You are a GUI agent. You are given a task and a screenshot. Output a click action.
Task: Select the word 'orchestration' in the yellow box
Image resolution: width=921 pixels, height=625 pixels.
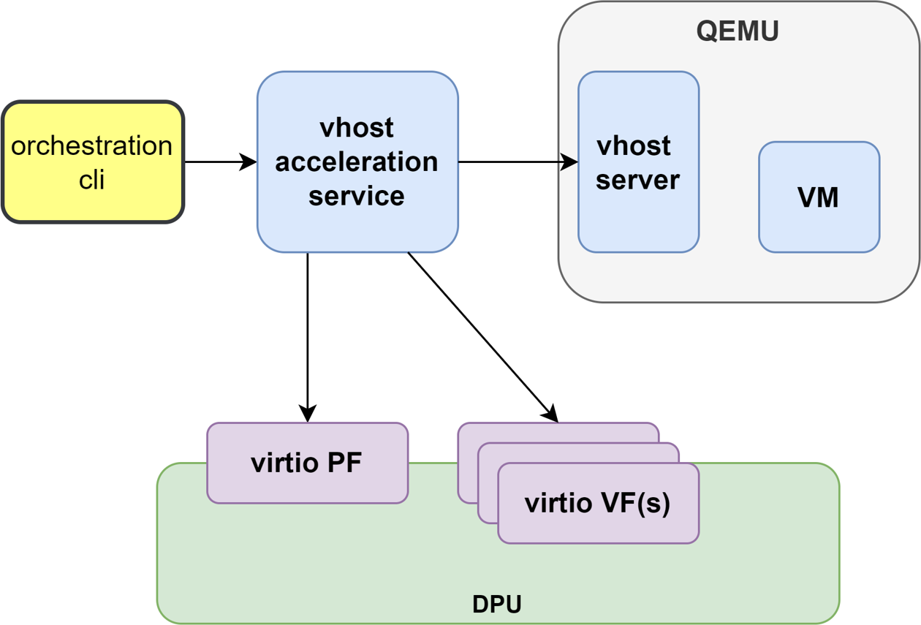[x=92, y=145]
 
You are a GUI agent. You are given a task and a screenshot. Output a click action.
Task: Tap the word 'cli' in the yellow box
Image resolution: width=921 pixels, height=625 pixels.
[x=92, y=178]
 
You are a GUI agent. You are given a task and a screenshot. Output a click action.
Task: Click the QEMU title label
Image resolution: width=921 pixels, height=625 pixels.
[x=738, y=31]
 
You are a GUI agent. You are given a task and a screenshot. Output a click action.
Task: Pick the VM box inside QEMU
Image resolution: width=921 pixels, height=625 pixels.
[x=819, y=197]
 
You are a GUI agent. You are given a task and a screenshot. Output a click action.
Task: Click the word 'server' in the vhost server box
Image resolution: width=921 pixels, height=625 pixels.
[x=637, y=180]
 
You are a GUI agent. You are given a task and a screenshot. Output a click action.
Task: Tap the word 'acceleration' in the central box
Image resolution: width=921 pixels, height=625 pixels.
[x=357, y=162]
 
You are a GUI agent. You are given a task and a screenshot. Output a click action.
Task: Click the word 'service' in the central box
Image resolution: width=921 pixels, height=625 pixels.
[x=357, y=196]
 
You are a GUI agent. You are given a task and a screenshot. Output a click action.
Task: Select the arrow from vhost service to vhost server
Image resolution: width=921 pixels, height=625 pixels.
[x=512, y=162]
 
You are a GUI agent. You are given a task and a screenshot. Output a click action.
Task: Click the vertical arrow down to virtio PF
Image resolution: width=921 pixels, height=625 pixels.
[x=308, y=329]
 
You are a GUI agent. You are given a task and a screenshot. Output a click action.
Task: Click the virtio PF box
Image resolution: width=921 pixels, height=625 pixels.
[x=307, y=463]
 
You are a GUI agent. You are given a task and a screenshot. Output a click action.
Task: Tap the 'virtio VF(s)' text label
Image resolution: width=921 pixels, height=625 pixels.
[x=597, y=503]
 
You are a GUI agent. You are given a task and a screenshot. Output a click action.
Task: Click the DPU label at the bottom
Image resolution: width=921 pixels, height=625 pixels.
[x=497, y=605]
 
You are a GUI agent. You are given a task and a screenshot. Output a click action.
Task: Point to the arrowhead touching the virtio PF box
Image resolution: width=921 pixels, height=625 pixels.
[x=308, y=414]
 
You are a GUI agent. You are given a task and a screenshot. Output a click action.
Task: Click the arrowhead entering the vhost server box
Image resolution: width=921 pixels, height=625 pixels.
[x=570, y=162]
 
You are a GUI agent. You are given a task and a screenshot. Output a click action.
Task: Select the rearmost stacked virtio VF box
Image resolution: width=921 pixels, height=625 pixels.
[x=556, y=432]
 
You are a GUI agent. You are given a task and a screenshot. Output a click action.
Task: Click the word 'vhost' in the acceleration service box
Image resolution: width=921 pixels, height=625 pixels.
[x=357, y=128]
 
